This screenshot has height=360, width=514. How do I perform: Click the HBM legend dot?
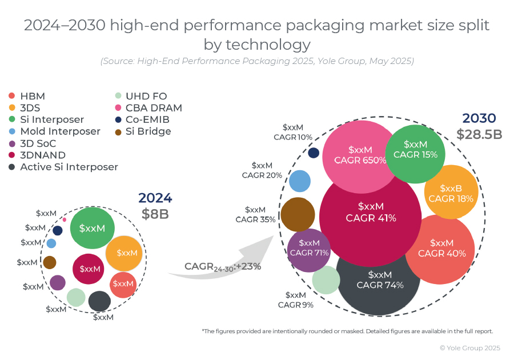(13, 96)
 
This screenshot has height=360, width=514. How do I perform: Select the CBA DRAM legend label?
(154, 108)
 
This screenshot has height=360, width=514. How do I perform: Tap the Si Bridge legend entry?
(148, 131)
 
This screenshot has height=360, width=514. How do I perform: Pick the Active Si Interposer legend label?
(69, 167)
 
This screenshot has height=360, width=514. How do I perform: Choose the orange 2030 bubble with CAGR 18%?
(451, 193)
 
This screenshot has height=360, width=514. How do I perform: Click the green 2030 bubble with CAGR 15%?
(415, 150)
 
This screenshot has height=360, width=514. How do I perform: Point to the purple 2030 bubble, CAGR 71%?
(309, 248)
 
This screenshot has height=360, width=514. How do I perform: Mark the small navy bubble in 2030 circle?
(314, 153)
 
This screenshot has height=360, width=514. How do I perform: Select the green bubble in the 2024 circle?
(93, 228)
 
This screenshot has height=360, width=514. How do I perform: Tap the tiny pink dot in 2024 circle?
(64, 219)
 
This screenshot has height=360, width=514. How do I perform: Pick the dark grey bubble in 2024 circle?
(99, 301)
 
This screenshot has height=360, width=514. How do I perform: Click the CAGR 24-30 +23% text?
(222, 266)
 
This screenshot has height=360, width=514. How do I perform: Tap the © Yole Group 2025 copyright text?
(469, 347)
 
